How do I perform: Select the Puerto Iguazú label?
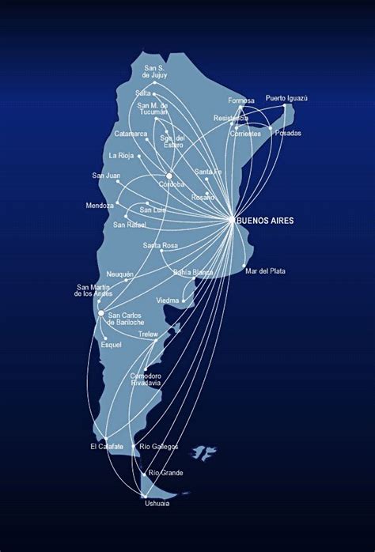click(x=286, y=98)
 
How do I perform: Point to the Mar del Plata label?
click(x=265, y=271)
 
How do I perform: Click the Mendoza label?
click(x=101, y=206)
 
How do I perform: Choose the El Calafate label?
click(x=107, y=447)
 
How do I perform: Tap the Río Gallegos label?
click(x=159, y=447)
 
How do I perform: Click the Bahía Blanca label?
click(x=193, y=272)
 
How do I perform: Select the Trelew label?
click(x=148, y=335)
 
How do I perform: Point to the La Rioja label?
click(x=123, y=155)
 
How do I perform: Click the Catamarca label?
click(x=131, y=134)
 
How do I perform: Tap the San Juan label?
click(x=106, y=176)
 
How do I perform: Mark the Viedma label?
click(x=168, y=301)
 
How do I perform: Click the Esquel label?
click(x=112, y=345)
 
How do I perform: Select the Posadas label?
click(x=288, y=133)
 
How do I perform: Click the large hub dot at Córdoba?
click(x=169, y=176)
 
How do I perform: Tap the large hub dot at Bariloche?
click(x=100, y=314)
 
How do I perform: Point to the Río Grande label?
click(x=165, y=473)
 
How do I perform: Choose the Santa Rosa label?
click(x=161, y=246)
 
